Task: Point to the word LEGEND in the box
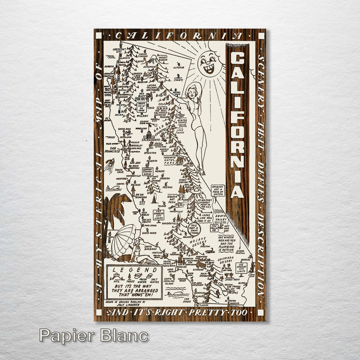(x=135, y=270)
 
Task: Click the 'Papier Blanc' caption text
(x=93, y=336)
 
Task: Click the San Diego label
(x=187, y=301)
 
